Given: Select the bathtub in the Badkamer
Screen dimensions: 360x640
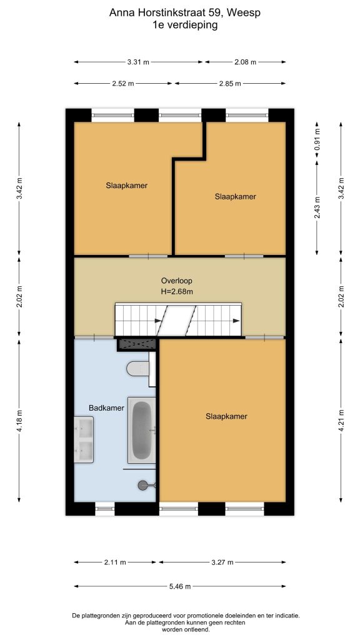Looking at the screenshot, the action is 142,430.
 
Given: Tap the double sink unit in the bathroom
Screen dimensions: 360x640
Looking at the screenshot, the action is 84,439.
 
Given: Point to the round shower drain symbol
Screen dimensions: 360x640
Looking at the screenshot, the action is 143,485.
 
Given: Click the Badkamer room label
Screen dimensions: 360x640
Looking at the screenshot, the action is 106,407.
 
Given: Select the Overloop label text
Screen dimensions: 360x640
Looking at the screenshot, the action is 176,281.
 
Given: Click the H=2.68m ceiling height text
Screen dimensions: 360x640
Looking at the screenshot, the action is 177,291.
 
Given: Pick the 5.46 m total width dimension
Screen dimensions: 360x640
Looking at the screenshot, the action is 180,586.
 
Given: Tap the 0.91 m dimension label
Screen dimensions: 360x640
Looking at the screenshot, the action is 317,139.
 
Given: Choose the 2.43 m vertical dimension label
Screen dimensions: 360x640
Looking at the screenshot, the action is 317,207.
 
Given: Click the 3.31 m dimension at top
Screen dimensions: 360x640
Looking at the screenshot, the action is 138,62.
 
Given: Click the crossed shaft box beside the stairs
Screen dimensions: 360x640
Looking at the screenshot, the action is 137,344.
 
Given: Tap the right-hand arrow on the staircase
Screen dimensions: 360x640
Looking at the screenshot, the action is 236,321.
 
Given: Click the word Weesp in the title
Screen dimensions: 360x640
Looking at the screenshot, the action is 244,12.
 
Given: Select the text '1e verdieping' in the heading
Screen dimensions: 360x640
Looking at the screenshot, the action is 185,25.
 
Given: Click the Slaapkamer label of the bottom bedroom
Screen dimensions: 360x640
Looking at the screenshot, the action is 226,416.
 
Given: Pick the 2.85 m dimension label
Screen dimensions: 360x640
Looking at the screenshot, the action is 230,84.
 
